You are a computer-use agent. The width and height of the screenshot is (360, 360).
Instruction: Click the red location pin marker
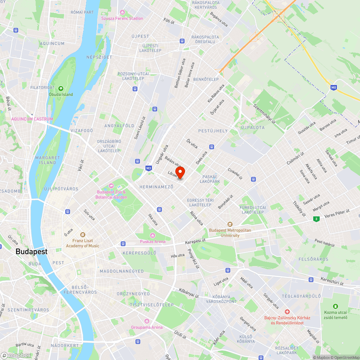pos(180,172)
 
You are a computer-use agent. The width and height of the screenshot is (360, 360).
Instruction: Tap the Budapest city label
pos(31,252)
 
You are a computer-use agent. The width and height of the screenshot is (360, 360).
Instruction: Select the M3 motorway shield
pos(149,168)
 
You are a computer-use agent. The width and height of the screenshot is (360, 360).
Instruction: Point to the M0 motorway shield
pos(334,87)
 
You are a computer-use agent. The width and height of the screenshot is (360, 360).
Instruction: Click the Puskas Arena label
pos(153,242)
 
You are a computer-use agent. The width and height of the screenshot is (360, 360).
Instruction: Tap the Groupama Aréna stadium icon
pos(147,321)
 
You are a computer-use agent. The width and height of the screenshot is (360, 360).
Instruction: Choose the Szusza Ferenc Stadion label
pos(122,18)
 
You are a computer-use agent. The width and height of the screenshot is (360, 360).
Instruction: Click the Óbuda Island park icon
pos(61,89)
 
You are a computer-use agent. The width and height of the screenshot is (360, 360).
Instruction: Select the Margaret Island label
pos(45,160)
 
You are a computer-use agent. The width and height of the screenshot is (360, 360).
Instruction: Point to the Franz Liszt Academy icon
pos(82,235)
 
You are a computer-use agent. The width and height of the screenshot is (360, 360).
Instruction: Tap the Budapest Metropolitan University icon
pos(230,224)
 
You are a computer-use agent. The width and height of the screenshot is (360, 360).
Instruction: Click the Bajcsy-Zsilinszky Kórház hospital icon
pos(287,311)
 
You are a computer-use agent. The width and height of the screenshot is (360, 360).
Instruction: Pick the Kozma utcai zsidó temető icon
pos(335,306)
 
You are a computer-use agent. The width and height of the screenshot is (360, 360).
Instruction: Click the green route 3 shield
pos(316,219)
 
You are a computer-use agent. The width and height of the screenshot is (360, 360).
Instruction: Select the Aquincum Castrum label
pos(32,119)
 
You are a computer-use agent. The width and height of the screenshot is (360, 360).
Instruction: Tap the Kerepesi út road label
pos(195,240)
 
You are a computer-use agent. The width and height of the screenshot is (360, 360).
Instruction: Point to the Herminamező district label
pos(156,187)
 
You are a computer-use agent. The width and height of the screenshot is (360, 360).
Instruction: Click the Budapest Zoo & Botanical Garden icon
pos(111,186)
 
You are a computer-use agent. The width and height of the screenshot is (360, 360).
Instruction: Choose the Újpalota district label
pos(252,127)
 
